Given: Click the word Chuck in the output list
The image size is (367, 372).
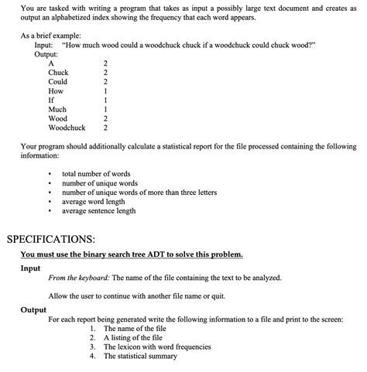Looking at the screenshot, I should pyautogui.click(x=59, y=72).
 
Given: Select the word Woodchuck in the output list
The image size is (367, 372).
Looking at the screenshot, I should pyautogui.click(x=67, y=128).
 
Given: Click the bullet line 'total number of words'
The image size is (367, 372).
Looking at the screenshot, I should pyautogui.click(x=96, y=174).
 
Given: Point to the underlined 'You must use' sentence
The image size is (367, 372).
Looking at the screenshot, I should pyautogui.click(x=132, y=254).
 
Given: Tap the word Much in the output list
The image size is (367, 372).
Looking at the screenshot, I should pyautogui.click(x=58, y=109).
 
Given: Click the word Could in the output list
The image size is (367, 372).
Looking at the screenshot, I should pyautogui.click(x=58, y=81).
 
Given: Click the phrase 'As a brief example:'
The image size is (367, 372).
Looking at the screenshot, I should pyautogui.click(x=51, y=36).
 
